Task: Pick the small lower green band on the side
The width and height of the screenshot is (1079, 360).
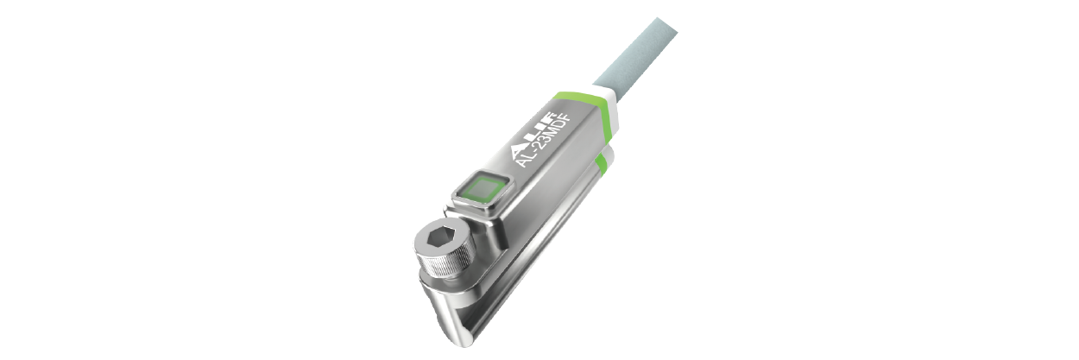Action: click(x=603, y=167)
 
